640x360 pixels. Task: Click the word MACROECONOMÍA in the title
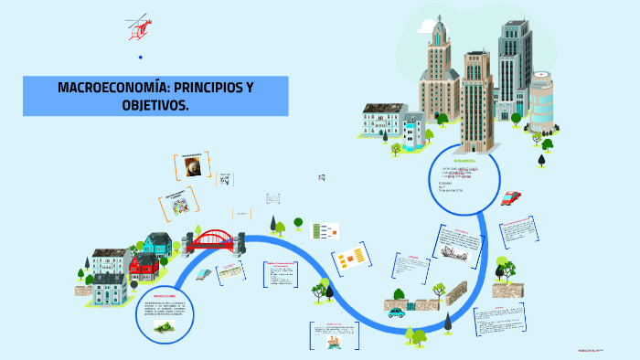(x=106, y=88)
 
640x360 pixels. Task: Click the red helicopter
(x=139, y=26)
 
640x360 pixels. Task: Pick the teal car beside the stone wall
(x=396, y=312)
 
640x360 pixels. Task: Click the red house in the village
(x=144, y=266)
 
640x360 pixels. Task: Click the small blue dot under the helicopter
(x=141, y=58)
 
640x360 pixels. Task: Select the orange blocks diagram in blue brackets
(x=349, y=259)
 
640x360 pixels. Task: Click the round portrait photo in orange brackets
(x=193, y=167)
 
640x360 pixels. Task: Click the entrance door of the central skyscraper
(x=475, y=144)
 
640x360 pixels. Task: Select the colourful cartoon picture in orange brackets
(x=179, y=204)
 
